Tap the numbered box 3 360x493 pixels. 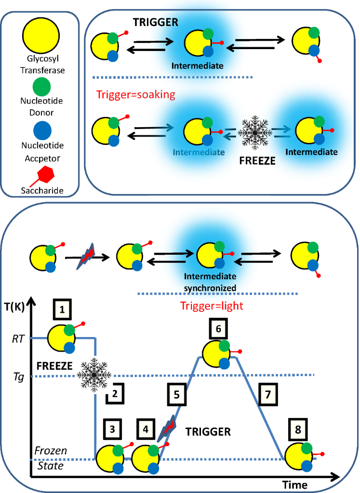point(111,429)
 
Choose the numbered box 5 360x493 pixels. point(177,394)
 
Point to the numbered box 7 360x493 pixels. point(268,394)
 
